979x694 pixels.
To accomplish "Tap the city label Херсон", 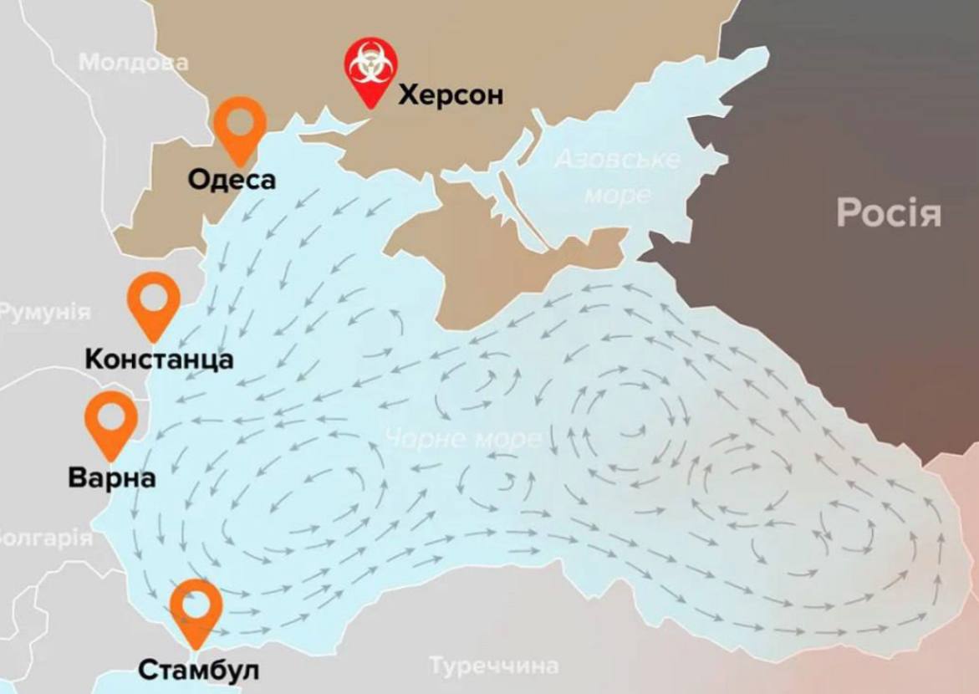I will pos(451,95).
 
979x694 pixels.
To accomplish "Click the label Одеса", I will pos(232,179).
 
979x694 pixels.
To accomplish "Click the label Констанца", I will pos(159,360).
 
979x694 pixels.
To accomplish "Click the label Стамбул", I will pos(198,670).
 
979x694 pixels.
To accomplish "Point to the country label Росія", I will pos(888,213).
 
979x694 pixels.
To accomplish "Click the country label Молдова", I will pos(134,62).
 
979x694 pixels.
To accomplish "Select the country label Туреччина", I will pos(493,666).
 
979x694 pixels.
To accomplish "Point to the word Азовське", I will pos(617,159).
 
